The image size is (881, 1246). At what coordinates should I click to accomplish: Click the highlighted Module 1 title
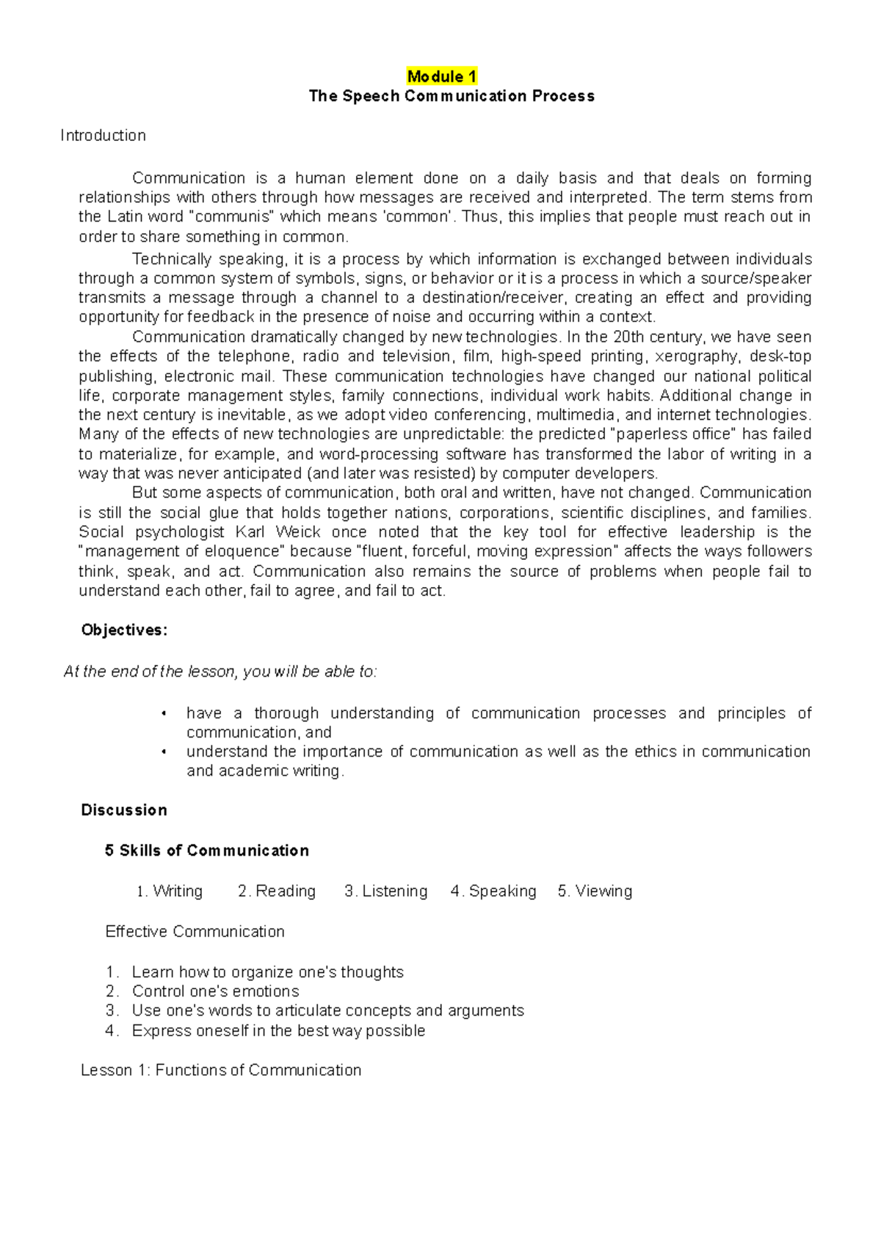(442, 76)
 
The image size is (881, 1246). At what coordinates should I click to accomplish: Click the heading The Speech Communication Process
(452, 96)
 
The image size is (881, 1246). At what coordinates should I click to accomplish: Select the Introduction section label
(103, 136)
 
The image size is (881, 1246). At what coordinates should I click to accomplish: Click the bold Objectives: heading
(124, 630)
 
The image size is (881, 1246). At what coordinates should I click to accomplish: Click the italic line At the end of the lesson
(220, 672)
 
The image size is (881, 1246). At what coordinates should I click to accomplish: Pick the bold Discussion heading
(124, 810)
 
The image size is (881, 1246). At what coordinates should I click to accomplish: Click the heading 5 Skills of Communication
(206, 850)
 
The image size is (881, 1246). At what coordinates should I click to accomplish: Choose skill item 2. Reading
(277, 892)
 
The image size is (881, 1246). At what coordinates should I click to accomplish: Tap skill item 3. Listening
(386, 892)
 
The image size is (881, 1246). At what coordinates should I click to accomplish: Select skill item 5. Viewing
(595, 892)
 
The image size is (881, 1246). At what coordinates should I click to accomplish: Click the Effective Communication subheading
(195, 932)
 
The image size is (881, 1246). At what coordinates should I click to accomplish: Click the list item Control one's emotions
(215, 991)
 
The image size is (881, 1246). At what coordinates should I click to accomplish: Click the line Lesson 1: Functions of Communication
(221, 1071)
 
